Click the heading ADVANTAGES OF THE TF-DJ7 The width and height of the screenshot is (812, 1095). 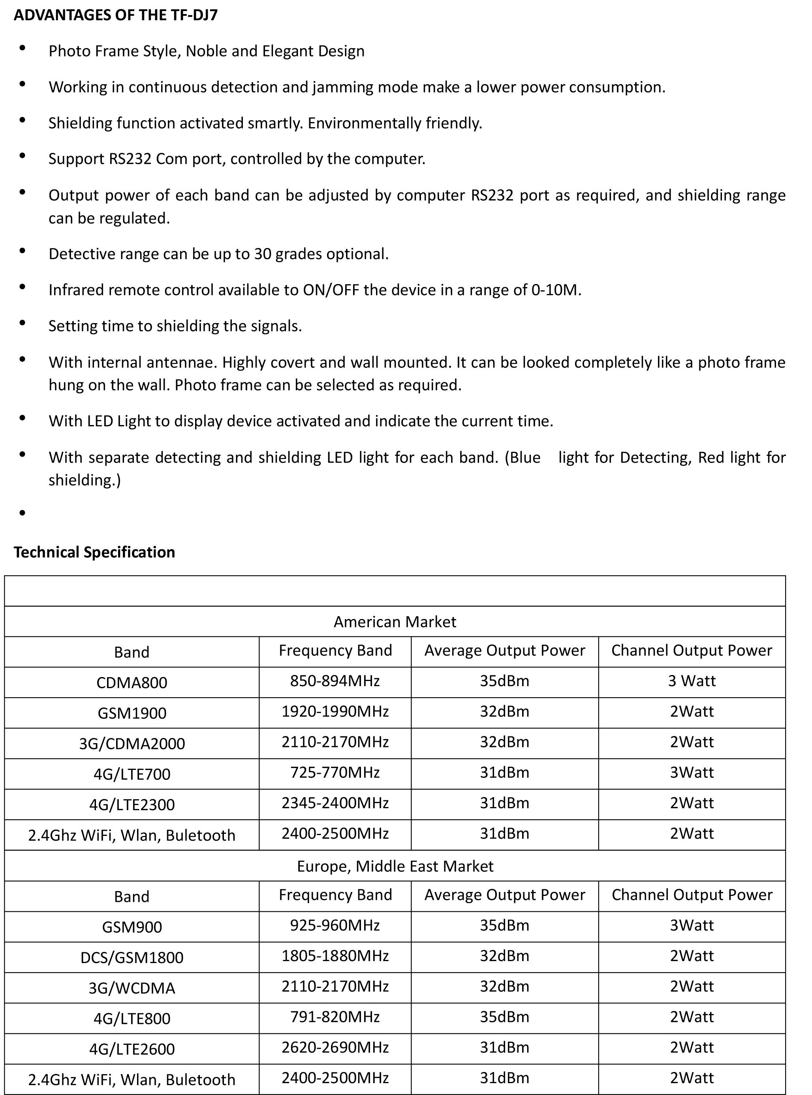click(x=115, y=15)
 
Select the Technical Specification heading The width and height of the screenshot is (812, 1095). click(x=94, y=552)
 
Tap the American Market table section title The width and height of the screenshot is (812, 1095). click(x=395, y=622)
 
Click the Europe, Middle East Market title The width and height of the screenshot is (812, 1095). click(x=395, y=866)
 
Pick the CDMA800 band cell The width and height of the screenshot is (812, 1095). click(x=132, y=683)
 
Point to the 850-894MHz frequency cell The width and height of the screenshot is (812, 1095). click(x=335, y=681)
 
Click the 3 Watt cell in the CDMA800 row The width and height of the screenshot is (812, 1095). click(x=692, y=681)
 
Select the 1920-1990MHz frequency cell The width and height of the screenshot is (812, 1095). click(x=335, y=711)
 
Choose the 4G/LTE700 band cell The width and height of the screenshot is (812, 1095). click(x=132, y=774)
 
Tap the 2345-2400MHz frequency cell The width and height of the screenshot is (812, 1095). click(x=335, y=803)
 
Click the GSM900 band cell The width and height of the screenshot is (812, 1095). click(x=132, y=927)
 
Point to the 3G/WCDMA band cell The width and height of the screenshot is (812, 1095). click(x=132, y=988)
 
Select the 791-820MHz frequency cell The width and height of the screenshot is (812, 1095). click(x=335, y=1017)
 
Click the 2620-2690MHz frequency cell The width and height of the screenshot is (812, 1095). click(x=335, y=1047)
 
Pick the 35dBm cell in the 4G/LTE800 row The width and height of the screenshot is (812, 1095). click(x=504, y=1017)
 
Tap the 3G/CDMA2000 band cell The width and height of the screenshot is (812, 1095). click(x=132, y=743)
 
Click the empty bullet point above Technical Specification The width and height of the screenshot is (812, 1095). click(x=23, y=513)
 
